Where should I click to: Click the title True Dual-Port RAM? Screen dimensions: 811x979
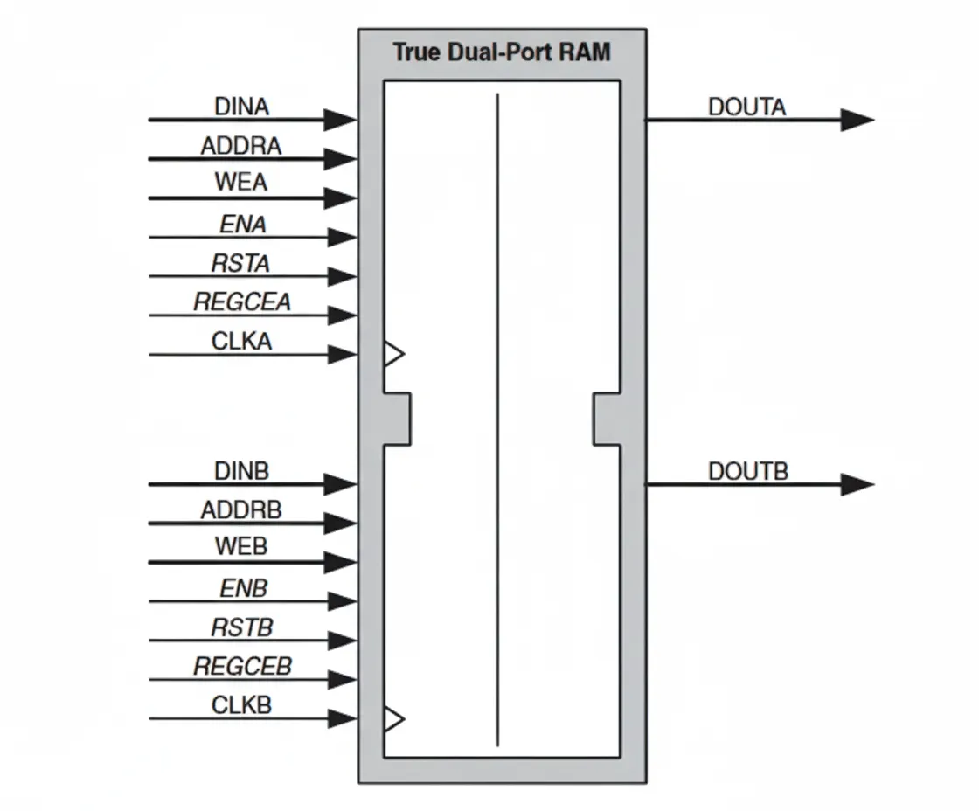[x=502, y=52]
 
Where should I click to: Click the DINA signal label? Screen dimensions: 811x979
[x=241, y=107]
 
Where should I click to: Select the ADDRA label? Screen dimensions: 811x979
[x=241, y=146]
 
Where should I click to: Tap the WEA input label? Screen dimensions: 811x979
[x=241, y=184]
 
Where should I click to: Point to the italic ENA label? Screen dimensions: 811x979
[x=242, y=225]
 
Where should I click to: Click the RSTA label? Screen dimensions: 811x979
[x=241, y=263]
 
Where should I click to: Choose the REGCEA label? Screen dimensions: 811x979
[x=242, y=302]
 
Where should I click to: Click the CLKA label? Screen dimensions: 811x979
[x=241, y=342]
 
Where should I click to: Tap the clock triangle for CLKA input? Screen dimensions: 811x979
[x=394, y=354]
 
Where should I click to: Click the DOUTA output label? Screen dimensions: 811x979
[x=747, y=107]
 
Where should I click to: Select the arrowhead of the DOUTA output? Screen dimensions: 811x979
[x=857, y=121]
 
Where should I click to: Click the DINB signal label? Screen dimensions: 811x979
[x=241, y=471]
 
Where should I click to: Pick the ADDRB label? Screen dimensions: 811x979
[x=241, y=510]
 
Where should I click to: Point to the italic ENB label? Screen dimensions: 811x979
[x=242, y=589]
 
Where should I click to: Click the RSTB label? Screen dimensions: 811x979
[x=241, y=627]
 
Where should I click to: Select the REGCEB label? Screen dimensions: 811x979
[x=242, y=667]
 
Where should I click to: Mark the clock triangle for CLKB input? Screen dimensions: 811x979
[x=394, y=718]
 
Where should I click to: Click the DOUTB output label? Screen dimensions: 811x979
[x=748, y=472]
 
